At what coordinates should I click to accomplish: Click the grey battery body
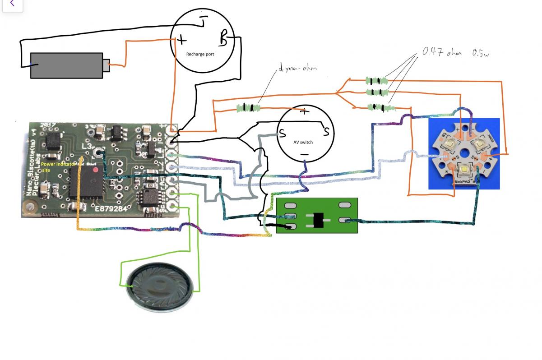pyautogui.click(x=65, y=65)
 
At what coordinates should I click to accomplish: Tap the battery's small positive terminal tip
pyautogui.click(x=107, y=65)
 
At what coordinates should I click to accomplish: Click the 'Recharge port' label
pyautogui.click(x=200, y=54)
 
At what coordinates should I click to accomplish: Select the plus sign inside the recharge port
pyautogui.click(x=181, y=40)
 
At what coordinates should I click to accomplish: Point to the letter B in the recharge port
pyautogui.click(x=223, y=38)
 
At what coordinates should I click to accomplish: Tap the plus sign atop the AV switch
pyautogui.click(x=305, y=111)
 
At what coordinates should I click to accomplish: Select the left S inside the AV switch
pyautogui.click(x=282, y=134)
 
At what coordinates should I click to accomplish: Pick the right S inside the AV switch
pyautogui.click(x=325, y=132)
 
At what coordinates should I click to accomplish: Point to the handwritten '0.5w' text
pyautogui.click(x=481, y=53)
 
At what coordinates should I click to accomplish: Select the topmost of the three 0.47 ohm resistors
pyautogui.click(x=376, y=81)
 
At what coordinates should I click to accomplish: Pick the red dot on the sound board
pyautogui.click(x=96, y=170)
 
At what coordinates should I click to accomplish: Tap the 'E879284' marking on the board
pyautogui.click(x=111, y=208)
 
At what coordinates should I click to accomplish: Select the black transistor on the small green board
pyautogui.click(x=319, y=220)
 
